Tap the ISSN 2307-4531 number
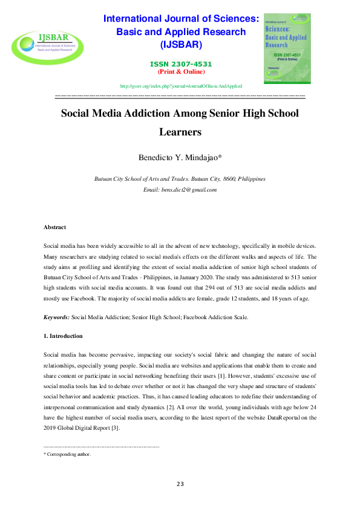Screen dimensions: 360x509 point(180,64)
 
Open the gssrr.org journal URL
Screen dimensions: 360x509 point(180,86)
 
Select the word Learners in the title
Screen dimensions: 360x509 point(180,131)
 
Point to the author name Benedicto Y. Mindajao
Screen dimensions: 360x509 point(180,158)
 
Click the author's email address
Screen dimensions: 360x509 point(188,190)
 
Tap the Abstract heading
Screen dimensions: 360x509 point(55,227)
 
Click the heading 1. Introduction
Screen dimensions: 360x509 point(63,336)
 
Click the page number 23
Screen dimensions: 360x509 point(180,484)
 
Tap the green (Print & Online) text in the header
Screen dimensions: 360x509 point(180,71)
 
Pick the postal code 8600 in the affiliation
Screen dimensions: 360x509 point(230,180)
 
